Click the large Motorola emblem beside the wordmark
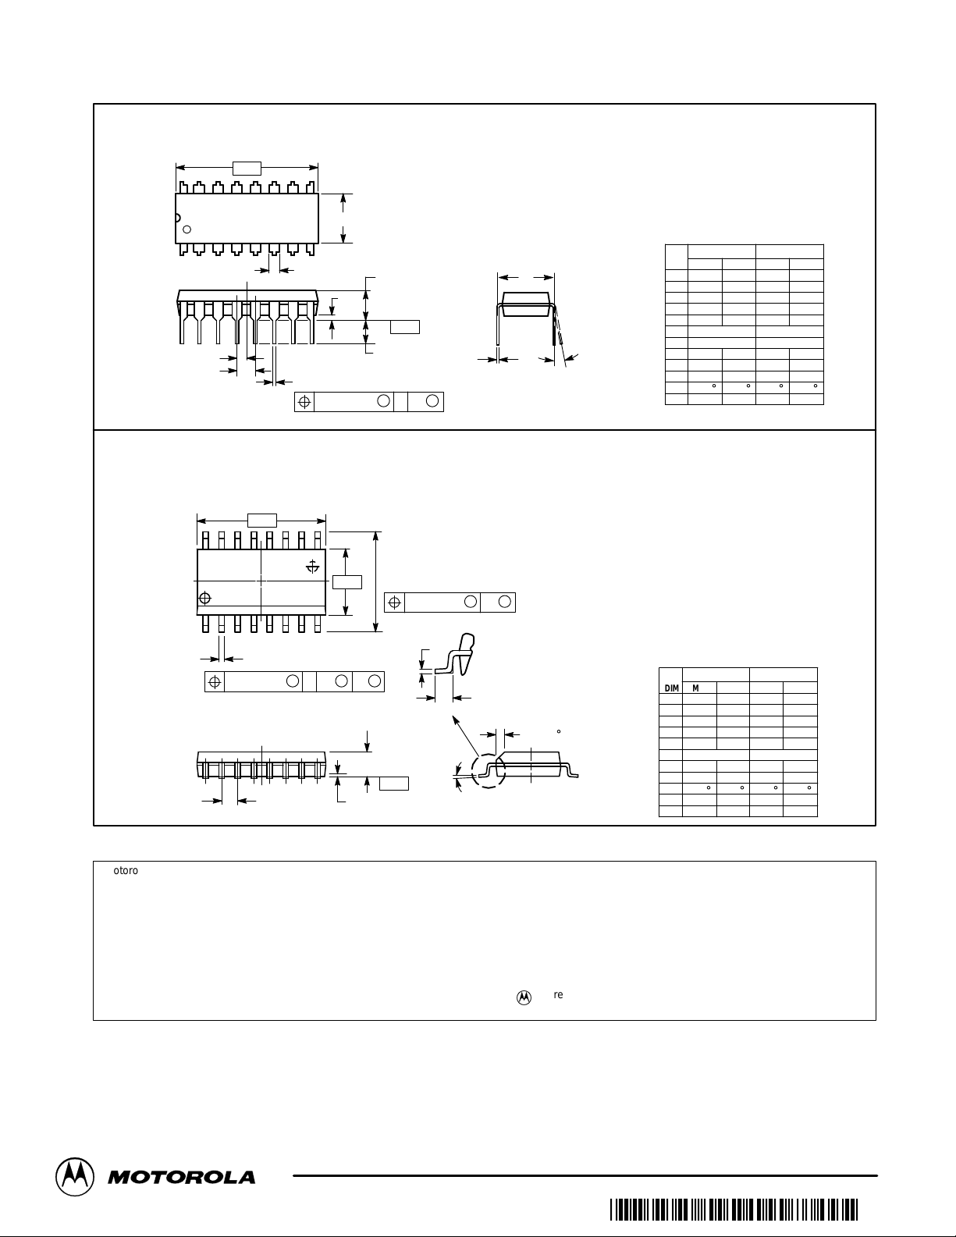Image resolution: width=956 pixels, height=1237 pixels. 75,1176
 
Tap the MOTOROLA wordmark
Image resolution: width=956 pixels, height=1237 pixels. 181,1177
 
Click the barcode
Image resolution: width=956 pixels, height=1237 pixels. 734,1210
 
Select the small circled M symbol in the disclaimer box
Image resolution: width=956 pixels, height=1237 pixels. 524,997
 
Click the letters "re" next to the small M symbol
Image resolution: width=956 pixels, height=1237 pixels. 558,995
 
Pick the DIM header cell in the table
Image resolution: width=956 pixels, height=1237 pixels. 671,688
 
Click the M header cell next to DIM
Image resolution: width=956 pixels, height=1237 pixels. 695,688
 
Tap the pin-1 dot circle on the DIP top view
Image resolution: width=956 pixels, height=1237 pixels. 187,229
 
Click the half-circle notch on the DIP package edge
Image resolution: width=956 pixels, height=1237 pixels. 177,218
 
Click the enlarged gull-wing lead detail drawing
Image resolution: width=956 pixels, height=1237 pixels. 457,659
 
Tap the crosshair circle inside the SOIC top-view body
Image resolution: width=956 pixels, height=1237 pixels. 206,599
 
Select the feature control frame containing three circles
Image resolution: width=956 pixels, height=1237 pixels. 294,681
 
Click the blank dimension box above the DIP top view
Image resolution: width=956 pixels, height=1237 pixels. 247,168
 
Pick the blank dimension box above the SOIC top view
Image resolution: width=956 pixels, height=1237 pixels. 261,521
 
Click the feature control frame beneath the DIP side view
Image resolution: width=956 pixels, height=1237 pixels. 369,401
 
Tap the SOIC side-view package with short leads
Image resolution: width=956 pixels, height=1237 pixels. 261,766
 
